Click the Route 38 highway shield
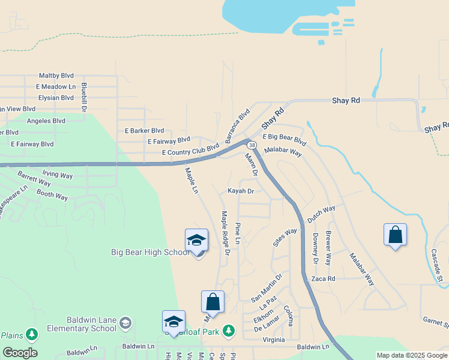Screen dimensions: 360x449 [252, 146]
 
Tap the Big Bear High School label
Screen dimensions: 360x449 [150, 252]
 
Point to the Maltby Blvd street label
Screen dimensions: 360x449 [56, 76]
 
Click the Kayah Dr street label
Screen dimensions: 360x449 [241, 191]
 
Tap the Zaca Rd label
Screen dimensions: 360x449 [323, 279]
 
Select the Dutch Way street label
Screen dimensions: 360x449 [321, 215]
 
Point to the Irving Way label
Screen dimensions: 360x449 [58, 176]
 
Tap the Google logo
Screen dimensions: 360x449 [20, 353]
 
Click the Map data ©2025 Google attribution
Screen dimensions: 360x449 [412, 355]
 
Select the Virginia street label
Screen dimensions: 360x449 [274, 340]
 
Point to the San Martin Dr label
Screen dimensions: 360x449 [266, 289]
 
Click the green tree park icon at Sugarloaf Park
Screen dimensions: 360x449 [228, 330]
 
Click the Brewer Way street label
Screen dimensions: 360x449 [328, 248]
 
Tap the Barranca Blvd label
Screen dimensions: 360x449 [237, 125]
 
